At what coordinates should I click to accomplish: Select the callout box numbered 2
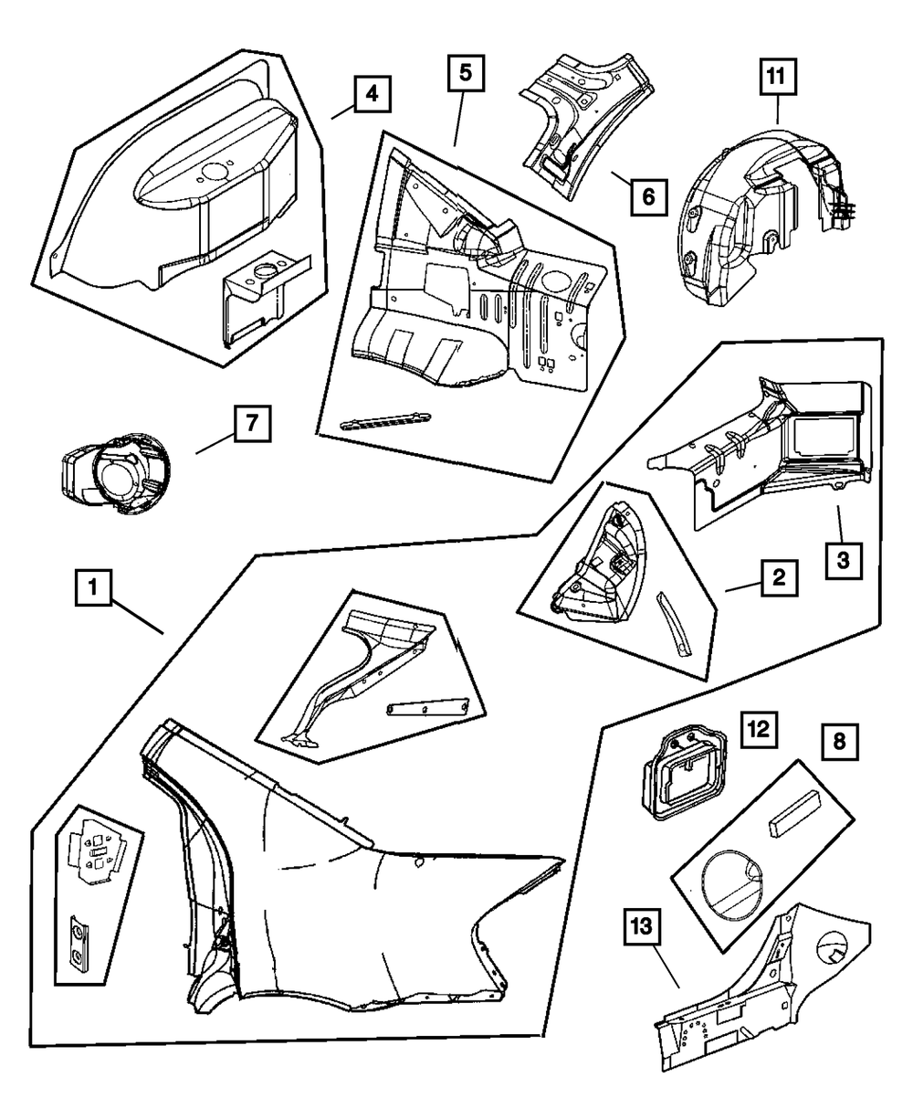click(779, 577)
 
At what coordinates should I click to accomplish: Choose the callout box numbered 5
click(465, 73)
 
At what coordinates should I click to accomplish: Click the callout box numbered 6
click(646, 195)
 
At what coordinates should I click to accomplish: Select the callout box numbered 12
click(760, 732)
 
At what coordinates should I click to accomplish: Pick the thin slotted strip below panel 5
click(383, 420)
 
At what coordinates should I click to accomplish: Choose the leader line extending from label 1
click(138, 618)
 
